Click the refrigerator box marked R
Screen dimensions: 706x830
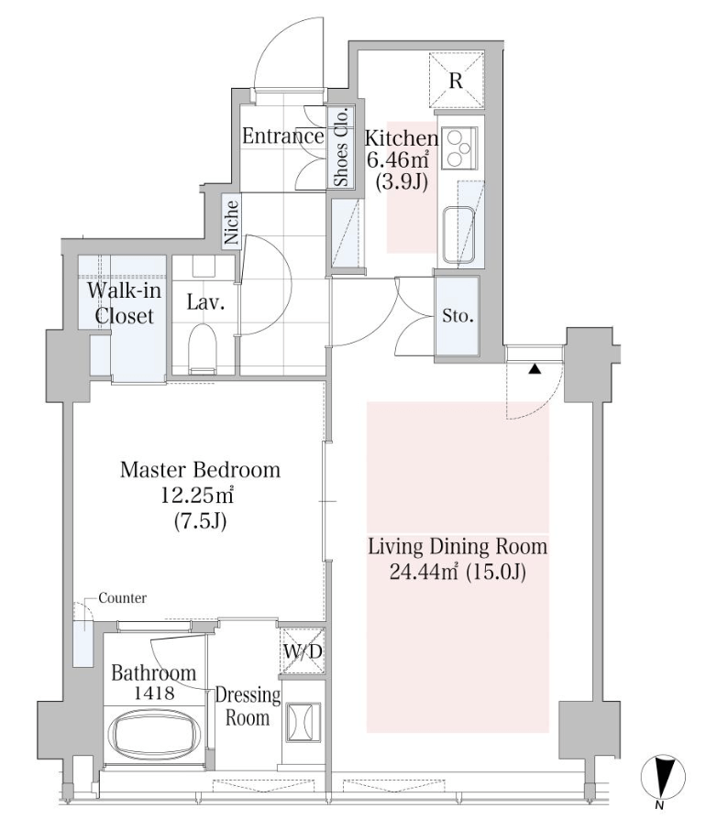pyautogui.click(x=456, y=80)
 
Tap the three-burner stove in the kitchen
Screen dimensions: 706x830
pyautogui.click(x=458, y=147)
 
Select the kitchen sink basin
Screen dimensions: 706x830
pyautogui.click(x=458, y=235)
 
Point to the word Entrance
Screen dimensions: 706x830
pyautogui.click(x=282, y=137)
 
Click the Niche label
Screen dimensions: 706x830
pyautogui.click(x=231, y=222)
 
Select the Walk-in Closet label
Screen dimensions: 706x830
pyautogui.click(x=124, y=303)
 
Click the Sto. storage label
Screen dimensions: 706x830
pyautogui.click(x=458, y=317)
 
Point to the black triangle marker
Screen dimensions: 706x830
pyautogui.click(x=535, y=369)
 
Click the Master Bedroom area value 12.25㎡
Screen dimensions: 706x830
pyautogui.click(x=198, y=496)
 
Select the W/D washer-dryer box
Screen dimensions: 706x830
pyautogui.click(x=302, y=651)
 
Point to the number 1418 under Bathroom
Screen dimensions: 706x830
pyautogui.click(x=154, y=693)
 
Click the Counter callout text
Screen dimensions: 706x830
pyautogui.click(x=123, y=598)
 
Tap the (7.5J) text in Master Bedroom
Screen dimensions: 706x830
pyautogui.click(x=200, y=521)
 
